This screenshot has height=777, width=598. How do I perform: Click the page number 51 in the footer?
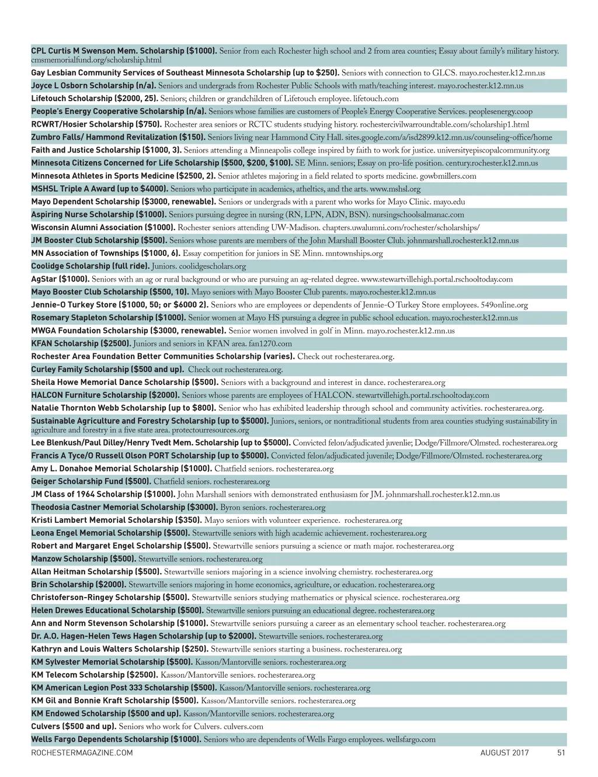click(x=561, y=753)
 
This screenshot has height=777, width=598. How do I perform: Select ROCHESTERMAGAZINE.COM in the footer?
click(x=82, y=753)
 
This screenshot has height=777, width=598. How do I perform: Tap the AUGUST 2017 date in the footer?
click(x=505, y=753)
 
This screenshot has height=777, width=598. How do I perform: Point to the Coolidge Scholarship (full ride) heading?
click(x=90, y=266)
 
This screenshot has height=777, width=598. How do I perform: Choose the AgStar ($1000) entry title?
click(x=60, y=279)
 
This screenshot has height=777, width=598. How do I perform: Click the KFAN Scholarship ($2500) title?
click(x=81, y=344)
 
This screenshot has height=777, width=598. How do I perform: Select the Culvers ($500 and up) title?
click(x=74, y=727)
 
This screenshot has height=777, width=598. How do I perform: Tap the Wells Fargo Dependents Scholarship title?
click(x=116, y=740)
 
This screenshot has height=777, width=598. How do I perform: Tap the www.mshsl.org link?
click(x=395, y=189)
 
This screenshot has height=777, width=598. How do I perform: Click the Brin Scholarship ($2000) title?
click(x=78, y=585)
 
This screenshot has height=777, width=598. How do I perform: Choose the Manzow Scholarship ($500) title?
click(x=84, y=559)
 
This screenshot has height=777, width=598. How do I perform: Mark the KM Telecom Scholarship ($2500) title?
click(x=94, y=675)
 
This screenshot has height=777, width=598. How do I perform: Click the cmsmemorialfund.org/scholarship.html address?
click(x=96, y=60)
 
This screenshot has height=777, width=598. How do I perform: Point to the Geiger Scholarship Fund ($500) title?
click(x=91, y=482)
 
